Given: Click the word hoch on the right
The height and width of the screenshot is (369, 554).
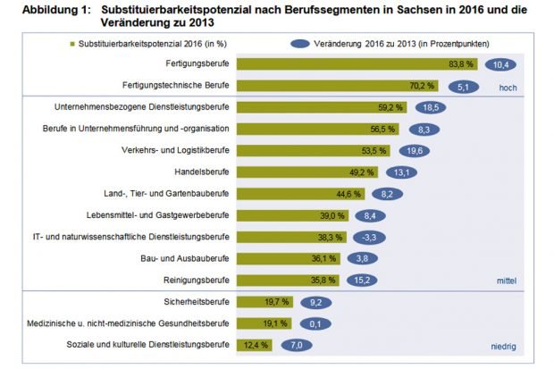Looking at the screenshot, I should coord(507,88).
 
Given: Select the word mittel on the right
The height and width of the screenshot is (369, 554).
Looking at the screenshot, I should coord(506,281).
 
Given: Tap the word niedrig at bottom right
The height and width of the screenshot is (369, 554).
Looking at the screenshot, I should coord(504,346).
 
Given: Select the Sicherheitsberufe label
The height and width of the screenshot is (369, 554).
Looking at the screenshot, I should coord(197,301).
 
